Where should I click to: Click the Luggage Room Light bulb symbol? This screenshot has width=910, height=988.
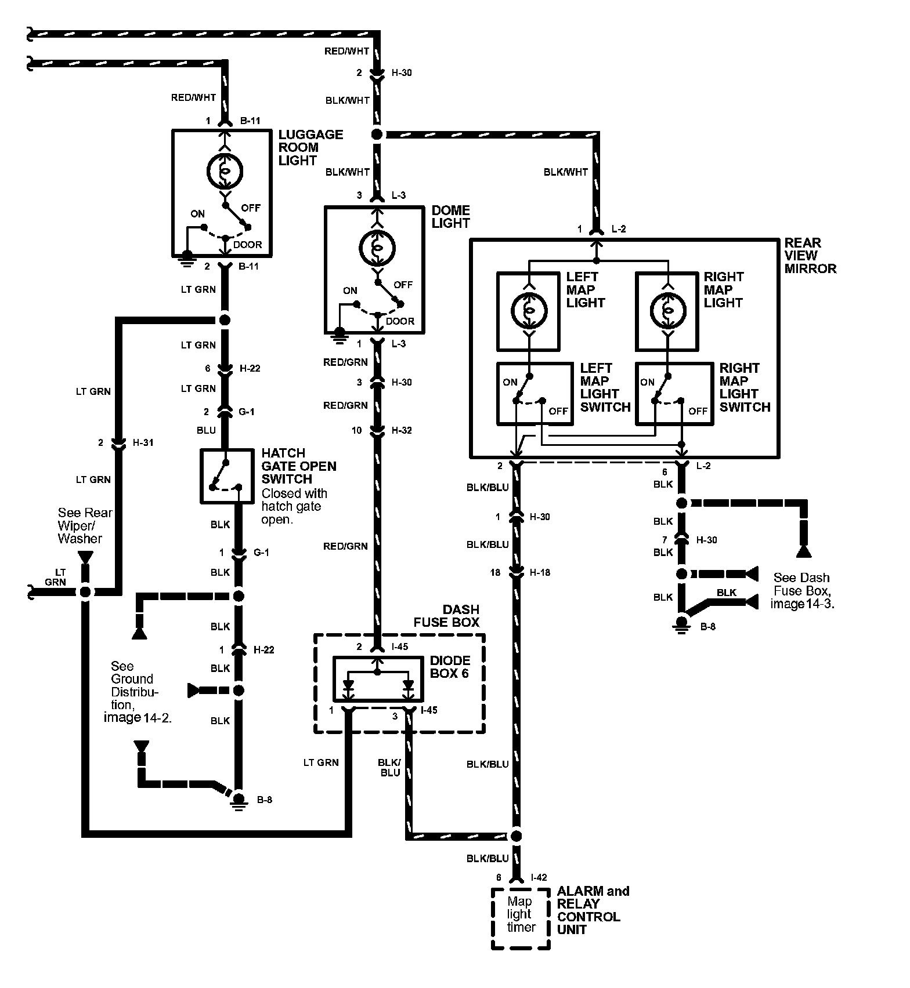[225, 171]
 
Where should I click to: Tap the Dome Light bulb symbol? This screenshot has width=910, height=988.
[377, 248]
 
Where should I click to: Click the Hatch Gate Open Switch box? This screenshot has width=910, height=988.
[227, 475]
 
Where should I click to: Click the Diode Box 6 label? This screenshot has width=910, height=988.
[450, 667]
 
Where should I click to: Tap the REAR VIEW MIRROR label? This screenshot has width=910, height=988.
[810, 256]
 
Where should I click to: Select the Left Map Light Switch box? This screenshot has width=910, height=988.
[535, 394]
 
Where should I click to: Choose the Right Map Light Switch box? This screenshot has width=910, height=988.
[674, 394]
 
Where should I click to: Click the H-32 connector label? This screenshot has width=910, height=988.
[401, 430]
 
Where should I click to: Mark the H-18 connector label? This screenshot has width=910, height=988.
[540, 572]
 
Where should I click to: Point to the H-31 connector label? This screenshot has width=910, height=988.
[143, 442]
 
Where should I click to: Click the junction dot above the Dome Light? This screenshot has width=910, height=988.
[377, 135]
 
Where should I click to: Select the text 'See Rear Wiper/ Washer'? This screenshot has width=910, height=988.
[85, 525]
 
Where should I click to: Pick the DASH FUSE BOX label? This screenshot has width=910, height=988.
[446, 616]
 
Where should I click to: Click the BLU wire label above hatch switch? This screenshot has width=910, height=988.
[206, 430]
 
